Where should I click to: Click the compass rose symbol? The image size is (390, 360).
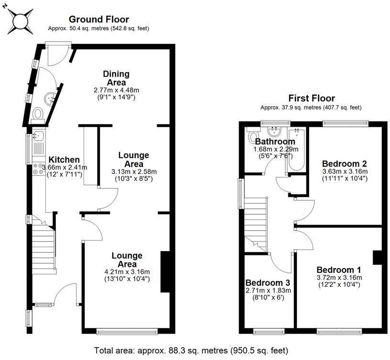pyautogui.click(x=20, y=21)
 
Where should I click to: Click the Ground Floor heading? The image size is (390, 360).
pyautogui.click(x=99, y=19)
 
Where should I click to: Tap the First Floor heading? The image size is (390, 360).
pyautogui.click(x=312, y=98)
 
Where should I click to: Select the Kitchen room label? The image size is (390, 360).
pyautogui.click(x=64, y=160)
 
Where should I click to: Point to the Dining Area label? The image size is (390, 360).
pyautogui.click(x=117, y=78)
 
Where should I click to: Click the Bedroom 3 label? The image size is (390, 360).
pyautogui.click(x=268, y=283)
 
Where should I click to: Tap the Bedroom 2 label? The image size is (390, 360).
pyautogui.click(x=345, y=164)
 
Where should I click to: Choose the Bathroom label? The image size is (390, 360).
pyautogui.click(x=275, y=142)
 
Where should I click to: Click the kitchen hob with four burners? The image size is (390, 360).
pyautogui.click(x=39, y=168)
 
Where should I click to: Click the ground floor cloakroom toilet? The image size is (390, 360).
pyautogui.click(x=38, y=115)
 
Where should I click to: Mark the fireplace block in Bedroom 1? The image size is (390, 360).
pyautogui.click(x=377, y=258)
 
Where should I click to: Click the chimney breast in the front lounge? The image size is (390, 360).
pyautogui.click(x=165, y=272)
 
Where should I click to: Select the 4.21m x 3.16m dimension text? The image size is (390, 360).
pyautogui.click(x=127, y=272)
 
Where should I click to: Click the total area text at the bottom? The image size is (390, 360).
pyautogui.click(x=191, y=350)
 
